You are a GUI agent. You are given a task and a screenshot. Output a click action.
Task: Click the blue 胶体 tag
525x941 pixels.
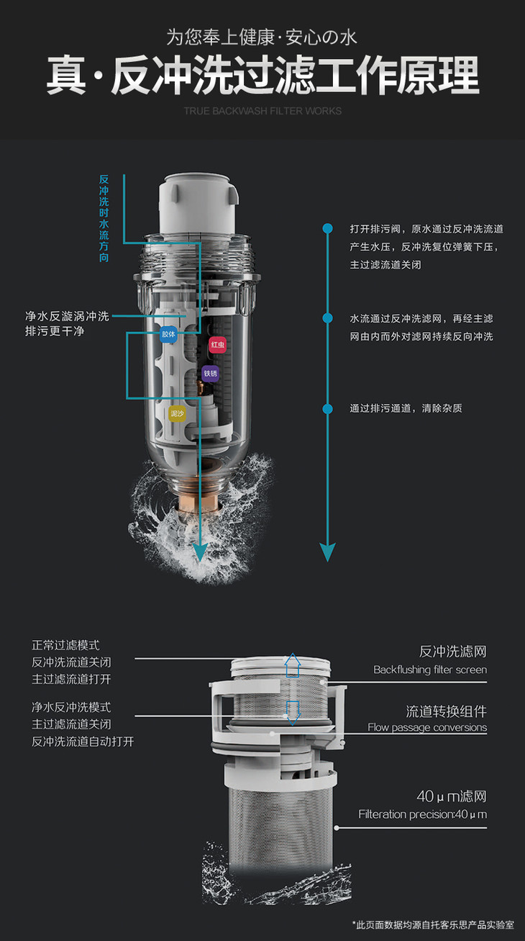pyautogui.click(x=168, y=334)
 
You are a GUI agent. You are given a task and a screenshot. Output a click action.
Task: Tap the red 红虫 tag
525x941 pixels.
pyautogui.click(x=218, y=345)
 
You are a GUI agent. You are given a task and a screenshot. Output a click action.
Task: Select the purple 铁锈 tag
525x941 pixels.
pyautogui.click(x=211, y=374)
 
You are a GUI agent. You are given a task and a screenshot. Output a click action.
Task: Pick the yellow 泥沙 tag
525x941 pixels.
pyautogui.click(x=177, y=414)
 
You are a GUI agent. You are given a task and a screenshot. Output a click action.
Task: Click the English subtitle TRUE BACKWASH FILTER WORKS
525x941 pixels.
pyautogui.click(x=262, y=111)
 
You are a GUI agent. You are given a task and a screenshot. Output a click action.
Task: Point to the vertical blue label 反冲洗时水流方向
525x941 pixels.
pyautogui.click(x=104, y=218)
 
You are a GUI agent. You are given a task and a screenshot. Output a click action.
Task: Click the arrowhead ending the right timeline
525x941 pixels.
pyautogui.click(x=327, y=551)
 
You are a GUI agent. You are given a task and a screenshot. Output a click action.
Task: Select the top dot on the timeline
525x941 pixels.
pyautogui.click(x=327, y=228)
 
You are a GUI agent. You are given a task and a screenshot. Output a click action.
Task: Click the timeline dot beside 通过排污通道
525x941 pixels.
pyautogui.click(x=327, y=409)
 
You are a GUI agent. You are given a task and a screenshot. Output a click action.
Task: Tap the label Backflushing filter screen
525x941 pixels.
pyautogui.click(x=430, y=670)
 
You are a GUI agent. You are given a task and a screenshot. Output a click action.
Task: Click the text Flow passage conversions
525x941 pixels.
pyautogui.click(x=427, y=727)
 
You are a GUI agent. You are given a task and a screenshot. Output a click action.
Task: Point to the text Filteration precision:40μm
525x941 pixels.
pyautogui.click(x=423, y=814)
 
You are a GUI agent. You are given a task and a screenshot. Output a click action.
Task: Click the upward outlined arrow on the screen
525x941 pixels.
pyautogui.click(x=293, y=665)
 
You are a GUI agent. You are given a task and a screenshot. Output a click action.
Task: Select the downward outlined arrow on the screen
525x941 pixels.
pyautogui.click(x=293, y=713)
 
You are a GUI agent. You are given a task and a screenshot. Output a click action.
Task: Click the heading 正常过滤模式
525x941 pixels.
pyautogui.click(x=66, y=645)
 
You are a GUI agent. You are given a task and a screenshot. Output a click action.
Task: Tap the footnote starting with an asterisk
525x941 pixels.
pyautogui.click(x=433, y=924)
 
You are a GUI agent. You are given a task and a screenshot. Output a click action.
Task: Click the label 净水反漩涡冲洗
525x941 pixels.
pyautogui.click(x=67, y=316)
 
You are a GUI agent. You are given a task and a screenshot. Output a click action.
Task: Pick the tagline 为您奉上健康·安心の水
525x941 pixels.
pyautogui.click(x=262, y=37)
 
